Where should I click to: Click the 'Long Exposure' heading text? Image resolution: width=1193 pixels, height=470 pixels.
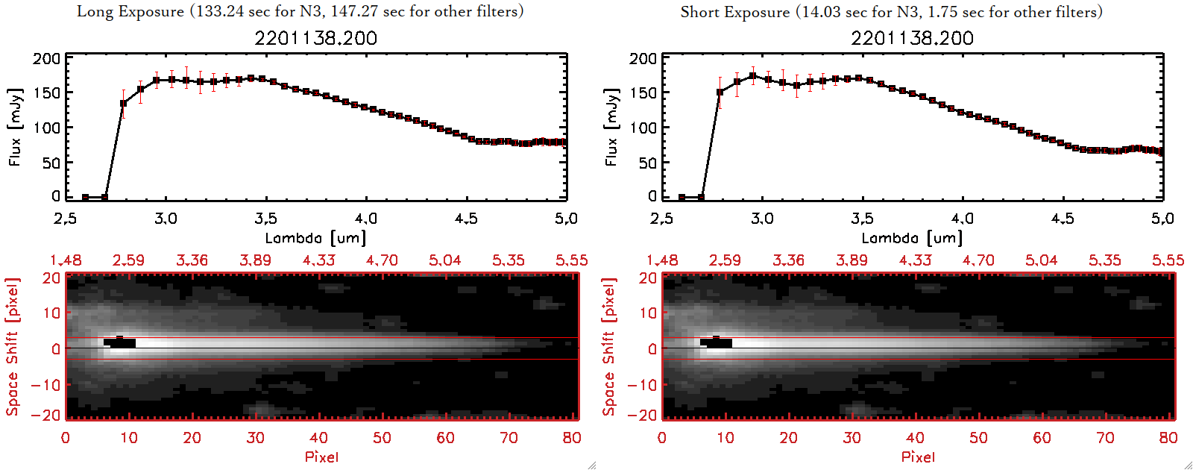click(x=130, y=11)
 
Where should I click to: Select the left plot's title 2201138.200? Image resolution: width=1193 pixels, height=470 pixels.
click(x=315, y=38)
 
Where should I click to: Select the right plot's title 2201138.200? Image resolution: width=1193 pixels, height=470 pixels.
click(x=912, y=38)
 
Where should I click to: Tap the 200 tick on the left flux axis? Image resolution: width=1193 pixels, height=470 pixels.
click(x=46, y=58)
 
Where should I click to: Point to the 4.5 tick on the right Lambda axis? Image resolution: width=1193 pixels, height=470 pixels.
click(x=1063, y=219)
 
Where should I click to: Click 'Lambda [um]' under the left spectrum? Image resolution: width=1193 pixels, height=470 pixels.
click(x=315, y=238)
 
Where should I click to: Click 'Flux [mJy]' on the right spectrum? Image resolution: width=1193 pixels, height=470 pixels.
click(x=611, y=127)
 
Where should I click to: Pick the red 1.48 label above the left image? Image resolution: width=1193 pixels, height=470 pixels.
click(x=66, y=260)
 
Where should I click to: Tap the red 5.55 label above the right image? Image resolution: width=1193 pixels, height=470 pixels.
click(x=1168, y=260)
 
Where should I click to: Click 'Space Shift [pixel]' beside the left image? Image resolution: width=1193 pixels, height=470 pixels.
click(x=13, y=347)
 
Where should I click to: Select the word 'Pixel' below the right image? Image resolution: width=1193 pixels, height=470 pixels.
click(x=918, y=457)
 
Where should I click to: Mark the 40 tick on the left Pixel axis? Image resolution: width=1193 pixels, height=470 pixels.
click(x=318, y=438)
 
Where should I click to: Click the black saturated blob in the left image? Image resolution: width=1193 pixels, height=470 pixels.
click(x=120, y=342)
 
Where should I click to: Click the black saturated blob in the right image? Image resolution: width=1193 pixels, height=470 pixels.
click(x=717, y=342)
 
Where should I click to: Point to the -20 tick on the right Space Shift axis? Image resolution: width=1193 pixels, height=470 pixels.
click(x=642, y=415)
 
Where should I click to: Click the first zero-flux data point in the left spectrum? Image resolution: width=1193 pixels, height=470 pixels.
click(x=86, y=197)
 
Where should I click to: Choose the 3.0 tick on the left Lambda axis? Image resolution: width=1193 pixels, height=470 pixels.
click(x=166, y=219)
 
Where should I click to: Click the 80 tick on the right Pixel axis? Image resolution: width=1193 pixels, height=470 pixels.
click(x=1168, y=438)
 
